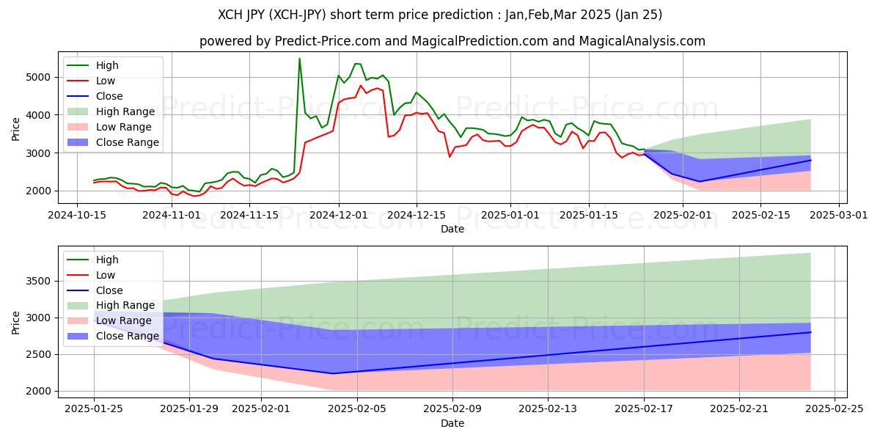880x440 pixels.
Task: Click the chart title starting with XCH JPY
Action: click(x=439, y=15)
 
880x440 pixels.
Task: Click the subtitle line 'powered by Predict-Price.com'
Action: click(x=452, y=41)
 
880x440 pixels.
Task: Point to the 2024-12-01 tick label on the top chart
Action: click(x=339, y=215)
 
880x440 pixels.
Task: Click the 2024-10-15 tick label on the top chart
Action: click(x=76, y=215)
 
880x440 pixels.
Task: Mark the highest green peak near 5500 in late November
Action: click(x=299, y=59)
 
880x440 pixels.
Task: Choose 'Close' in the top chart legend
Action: click(x=109, y=96)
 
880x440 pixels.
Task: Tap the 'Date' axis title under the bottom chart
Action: click(x=452, y=423)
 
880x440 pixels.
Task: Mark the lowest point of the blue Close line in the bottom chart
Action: click(x=333, y=373)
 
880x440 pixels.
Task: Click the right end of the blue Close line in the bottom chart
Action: click(x=810, y=332)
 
